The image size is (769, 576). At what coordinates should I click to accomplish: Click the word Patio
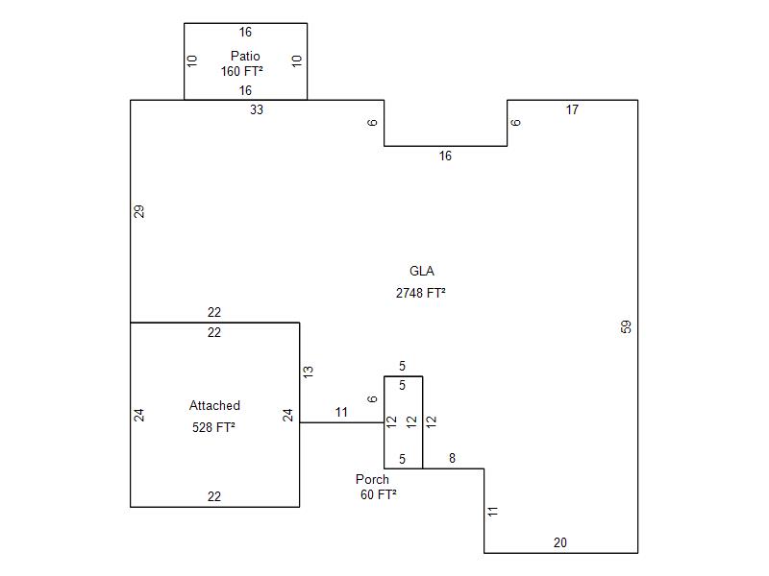click(x=245, y=57)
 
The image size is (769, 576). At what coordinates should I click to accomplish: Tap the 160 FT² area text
click(x=242, y=71)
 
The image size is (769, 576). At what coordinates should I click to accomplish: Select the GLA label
click(x=422, y=272)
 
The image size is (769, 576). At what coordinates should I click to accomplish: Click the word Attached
click(x=214, y=406)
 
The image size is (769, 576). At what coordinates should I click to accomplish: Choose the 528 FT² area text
click(x=214, y=428)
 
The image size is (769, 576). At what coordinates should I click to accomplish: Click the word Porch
click(x=372, y=479)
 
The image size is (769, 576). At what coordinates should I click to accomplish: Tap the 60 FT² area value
click(x=379, y=495)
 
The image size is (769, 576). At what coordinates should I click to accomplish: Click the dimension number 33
click(x=257, y=110)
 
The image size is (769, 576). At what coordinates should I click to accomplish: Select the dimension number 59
click(x=627, y=326)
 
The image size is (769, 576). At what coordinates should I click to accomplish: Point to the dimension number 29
click(x=139, y=211)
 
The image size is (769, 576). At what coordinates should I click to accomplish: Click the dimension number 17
click(x=572, y=110)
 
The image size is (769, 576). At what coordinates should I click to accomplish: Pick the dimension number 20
click(x=560, y=543)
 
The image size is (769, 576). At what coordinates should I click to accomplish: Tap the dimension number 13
click(x=308, y=371)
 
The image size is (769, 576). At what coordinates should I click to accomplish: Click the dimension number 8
click(x=453, y=460)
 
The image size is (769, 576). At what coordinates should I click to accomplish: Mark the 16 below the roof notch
click(x=445, y=156)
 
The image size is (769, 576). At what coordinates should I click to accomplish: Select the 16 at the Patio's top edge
click(x=245, y=33)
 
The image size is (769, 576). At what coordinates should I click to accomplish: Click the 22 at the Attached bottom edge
click(x=214, y=497)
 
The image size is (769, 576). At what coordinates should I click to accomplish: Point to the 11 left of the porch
click(x=341, y=413)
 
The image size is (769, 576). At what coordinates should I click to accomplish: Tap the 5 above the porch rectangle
click(x=403, y=367)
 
